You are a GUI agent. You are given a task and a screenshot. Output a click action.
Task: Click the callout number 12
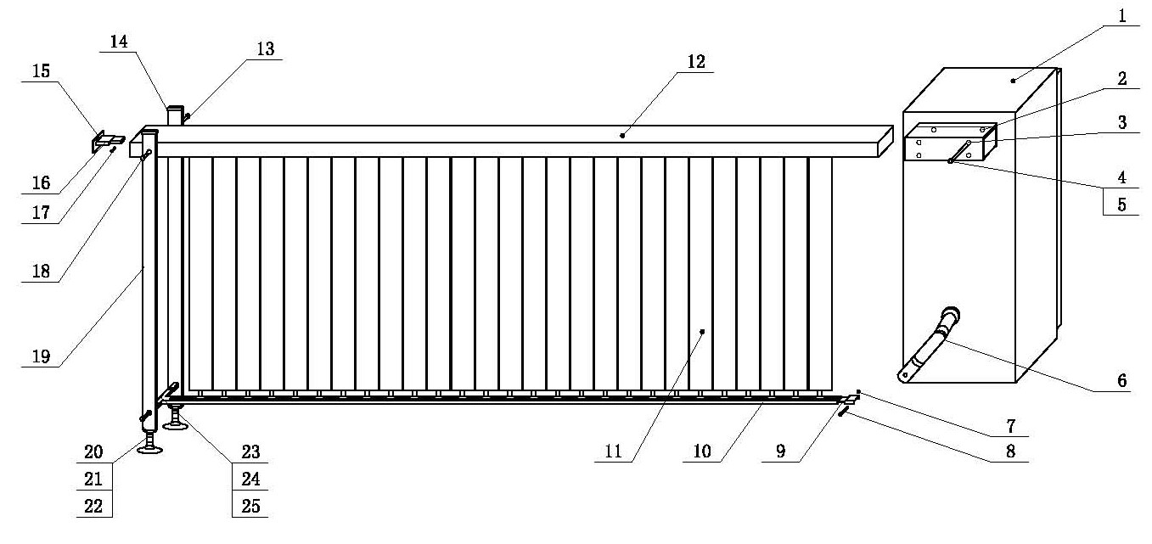(696, 62)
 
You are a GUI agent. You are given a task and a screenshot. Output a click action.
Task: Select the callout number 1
(1121, 15)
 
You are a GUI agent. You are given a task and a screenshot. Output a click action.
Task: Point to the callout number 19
(41, 357)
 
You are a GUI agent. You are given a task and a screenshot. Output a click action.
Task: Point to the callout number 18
(41, 272)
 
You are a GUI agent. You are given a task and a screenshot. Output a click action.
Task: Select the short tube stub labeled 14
(175, 115)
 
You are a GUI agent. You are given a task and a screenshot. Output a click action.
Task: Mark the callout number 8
(1009, 452)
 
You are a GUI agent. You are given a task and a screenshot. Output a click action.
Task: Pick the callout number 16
(41, 182)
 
